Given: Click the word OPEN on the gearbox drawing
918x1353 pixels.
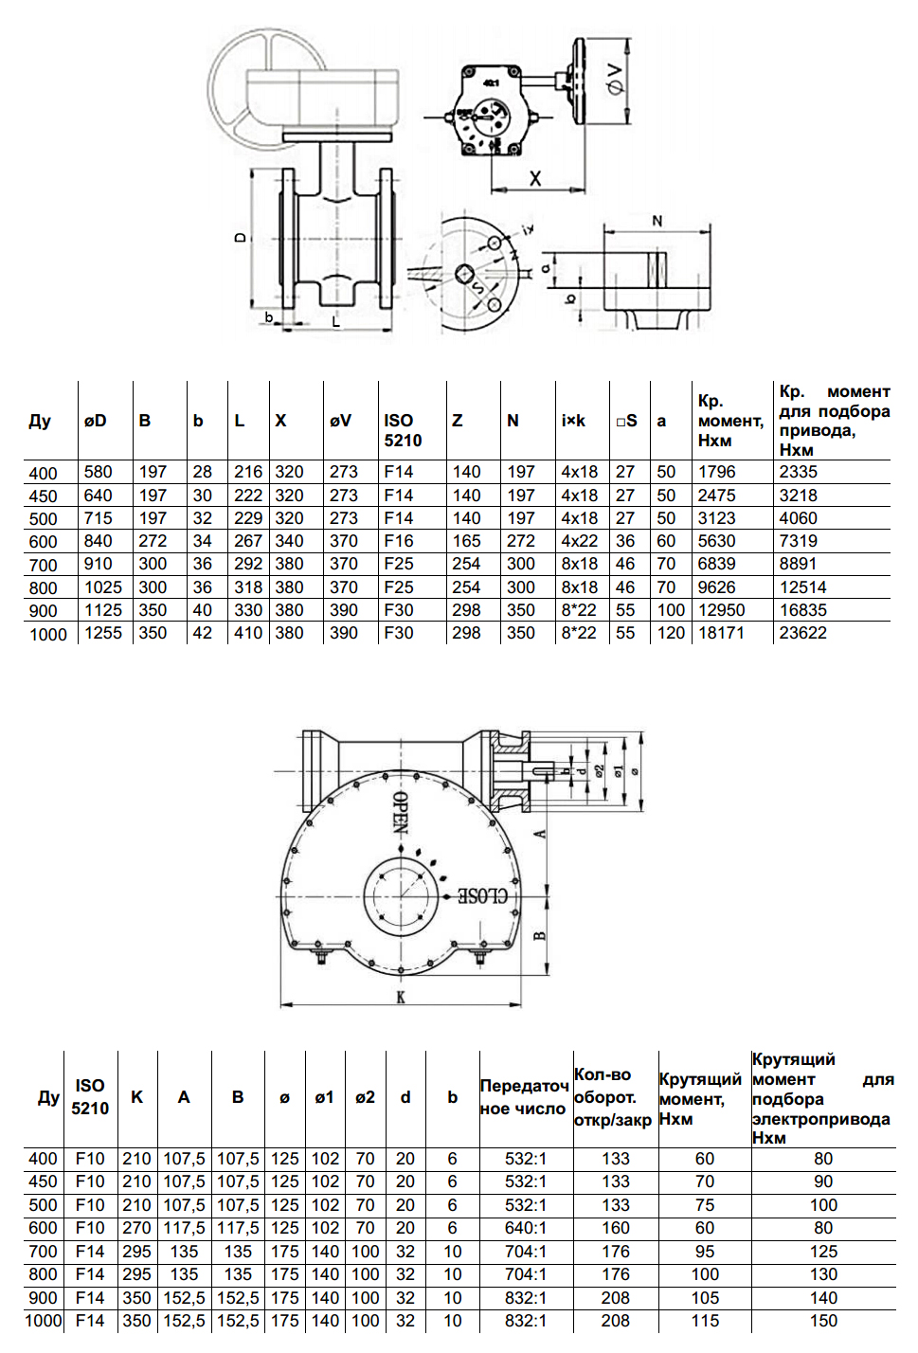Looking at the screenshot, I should [401, 812].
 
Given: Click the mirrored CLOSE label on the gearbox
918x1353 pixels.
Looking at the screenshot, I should [483, 895].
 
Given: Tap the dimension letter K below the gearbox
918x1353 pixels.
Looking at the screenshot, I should [401, 997].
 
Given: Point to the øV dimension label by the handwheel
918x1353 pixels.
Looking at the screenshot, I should [616, 79].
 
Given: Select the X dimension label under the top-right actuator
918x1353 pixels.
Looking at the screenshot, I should [535, 178].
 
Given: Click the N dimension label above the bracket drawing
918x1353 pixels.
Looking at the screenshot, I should [657, 221].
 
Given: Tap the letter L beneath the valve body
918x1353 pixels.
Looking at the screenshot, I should [336, 322].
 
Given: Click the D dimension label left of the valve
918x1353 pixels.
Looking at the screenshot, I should [241, 237].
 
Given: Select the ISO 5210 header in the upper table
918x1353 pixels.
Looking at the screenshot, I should [403, 430].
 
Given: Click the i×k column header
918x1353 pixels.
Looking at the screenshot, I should [573, 421].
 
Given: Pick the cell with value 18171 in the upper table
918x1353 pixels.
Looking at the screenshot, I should [721, 633].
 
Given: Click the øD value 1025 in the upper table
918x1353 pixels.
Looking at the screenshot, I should [103, 587].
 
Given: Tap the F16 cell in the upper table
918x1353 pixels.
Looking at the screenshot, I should [399, 541].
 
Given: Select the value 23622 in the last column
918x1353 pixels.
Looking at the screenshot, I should [802, 633].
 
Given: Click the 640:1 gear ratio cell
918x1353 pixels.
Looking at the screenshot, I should [526, 1228].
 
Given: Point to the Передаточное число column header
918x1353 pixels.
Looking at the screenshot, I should [524, 1097].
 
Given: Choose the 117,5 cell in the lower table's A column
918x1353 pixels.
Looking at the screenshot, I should [184, 1228].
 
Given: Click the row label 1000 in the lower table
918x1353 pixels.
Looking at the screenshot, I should [43, 1321].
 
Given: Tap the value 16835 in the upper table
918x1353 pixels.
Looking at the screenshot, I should [802, 610].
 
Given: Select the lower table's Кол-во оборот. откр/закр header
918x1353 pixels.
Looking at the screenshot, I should [613, 1097].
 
